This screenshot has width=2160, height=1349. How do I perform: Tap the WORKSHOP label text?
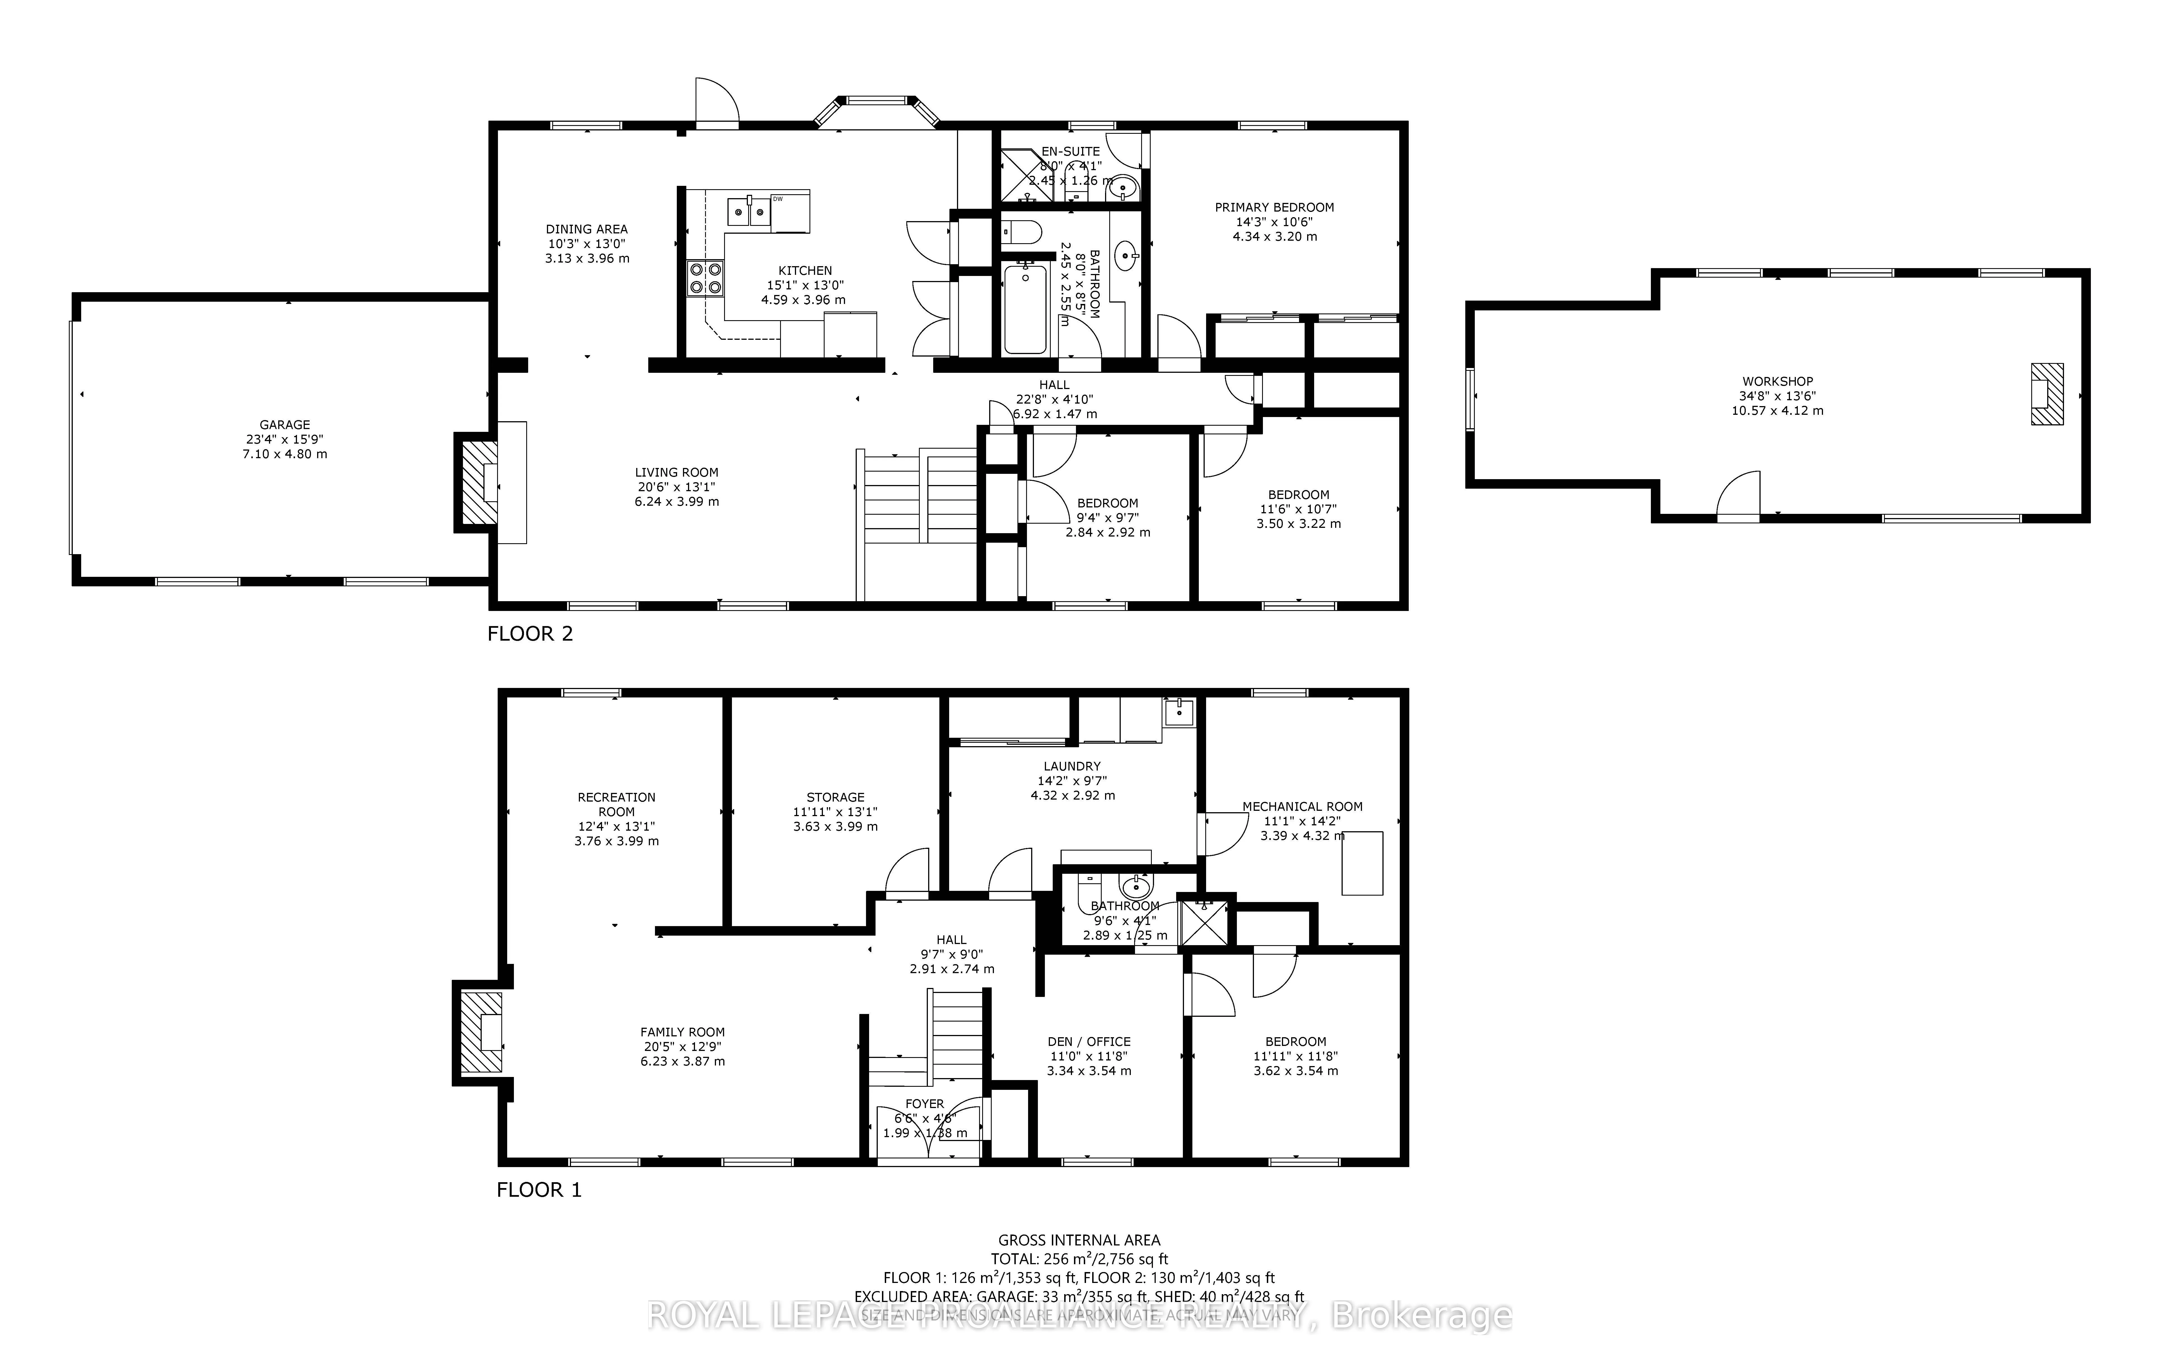point(1777,381)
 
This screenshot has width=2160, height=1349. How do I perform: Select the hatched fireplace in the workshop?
point(2047,394)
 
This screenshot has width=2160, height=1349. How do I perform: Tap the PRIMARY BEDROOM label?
point(1274,207)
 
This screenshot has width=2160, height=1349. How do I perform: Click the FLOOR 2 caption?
point(530,633)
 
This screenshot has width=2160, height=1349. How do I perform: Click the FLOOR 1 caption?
point(539,1189)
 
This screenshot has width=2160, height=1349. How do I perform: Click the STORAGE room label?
point(835,797)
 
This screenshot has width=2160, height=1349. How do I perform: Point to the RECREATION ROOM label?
point(617,804)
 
